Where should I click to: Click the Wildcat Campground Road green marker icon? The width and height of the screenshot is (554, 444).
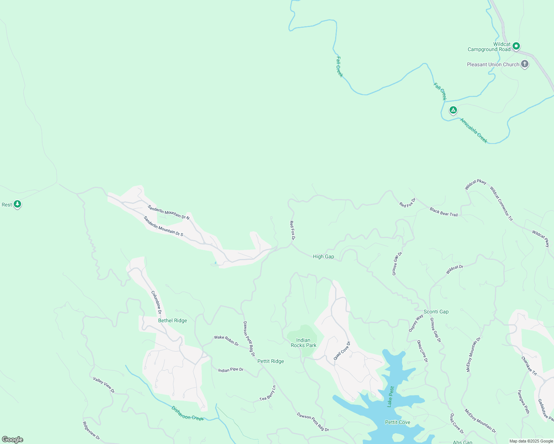click(x=516, y=46)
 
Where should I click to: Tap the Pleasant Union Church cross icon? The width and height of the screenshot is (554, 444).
click(x=524, y=64)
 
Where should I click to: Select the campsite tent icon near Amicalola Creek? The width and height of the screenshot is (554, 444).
click(x=453, y=110)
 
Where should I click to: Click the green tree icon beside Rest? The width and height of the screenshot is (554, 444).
click(x=17, y=204)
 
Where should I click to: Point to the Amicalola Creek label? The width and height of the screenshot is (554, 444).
click(x=474, y=130)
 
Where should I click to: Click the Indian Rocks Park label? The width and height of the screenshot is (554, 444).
click(x=303, y=343)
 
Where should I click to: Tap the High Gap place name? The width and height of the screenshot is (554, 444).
click(x=323, y=256)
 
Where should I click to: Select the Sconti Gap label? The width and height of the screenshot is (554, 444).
click(x=436, y=312)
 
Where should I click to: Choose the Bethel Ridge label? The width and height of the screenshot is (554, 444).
click(x=173, y=320)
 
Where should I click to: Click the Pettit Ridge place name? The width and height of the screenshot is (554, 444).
click(x=270, y=361)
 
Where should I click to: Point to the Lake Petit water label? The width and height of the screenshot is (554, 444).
click(x=390, y=396)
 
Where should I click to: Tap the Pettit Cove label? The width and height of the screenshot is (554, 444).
click(x=397, y=422)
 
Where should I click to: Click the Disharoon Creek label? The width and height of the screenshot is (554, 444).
click(x=187, y=413)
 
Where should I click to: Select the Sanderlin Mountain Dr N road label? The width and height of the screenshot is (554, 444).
click(x=168, y=212)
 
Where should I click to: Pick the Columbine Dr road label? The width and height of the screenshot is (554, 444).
click(x=156, y=302)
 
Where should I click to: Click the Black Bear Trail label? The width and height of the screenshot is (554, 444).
click(x=444, y=212)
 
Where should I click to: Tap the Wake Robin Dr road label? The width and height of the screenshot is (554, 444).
click(x=226, y=340)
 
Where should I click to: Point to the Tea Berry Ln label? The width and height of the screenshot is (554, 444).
click(x=268, y=393)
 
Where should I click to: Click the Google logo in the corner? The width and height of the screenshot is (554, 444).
click(x=13, y=440)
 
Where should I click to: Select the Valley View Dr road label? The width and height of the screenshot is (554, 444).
click(x=104, y=385)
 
